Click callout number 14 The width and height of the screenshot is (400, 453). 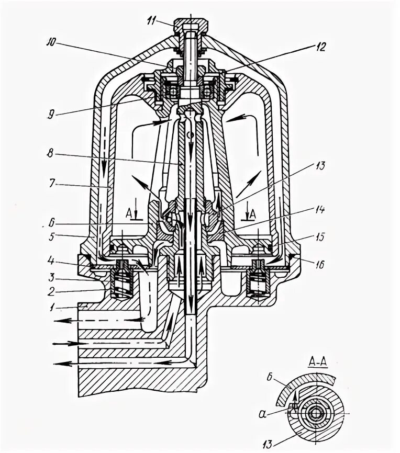coord(320,210)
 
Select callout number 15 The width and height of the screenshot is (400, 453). coord(320,236)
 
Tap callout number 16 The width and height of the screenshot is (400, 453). coord(320,265)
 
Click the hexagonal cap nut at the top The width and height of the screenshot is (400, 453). coord(193,24)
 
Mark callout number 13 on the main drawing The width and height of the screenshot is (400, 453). coord(320,167)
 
